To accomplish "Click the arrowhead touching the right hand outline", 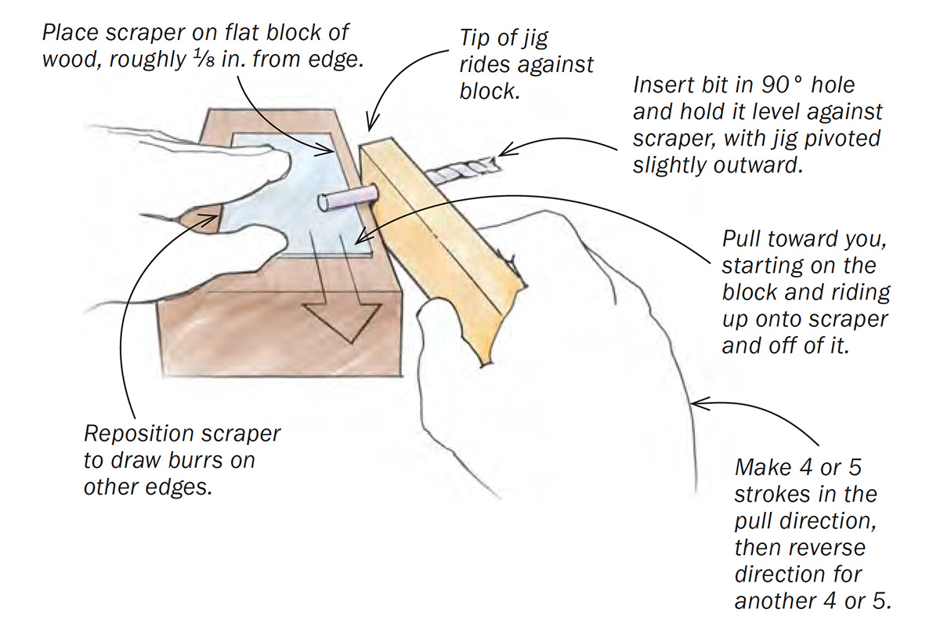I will tap(699, 404).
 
